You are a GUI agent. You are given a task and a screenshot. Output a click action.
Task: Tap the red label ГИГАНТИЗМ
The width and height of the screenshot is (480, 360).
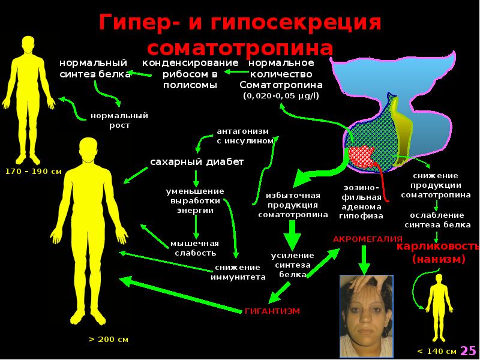272,311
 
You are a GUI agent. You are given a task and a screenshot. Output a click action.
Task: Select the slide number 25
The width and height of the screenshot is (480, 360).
469,350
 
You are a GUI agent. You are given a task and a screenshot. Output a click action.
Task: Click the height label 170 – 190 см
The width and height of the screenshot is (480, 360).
33,172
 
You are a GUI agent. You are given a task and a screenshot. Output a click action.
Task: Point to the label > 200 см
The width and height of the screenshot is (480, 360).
109,339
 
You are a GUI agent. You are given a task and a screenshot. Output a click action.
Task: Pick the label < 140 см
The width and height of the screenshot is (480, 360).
436,351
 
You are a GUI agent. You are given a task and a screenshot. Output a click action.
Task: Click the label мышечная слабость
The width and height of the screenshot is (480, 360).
194,248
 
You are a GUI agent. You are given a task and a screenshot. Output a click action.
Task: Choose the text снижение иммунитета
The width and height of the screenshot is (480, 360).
238,272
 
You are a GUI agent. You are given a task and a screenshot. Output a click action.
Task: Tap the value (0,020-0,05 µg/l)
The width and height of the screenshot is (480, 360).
281,96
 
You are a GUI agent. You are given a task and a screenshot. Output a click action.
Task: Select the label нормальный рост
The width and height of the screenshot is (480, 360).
119,120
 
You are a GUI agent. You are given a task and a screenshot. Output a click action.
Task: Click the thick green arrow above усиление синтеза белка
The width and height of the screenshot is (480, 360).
292,235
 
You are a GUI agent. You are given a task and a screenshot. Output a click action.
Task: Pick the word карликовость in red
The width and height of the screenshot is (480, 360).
436,247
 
